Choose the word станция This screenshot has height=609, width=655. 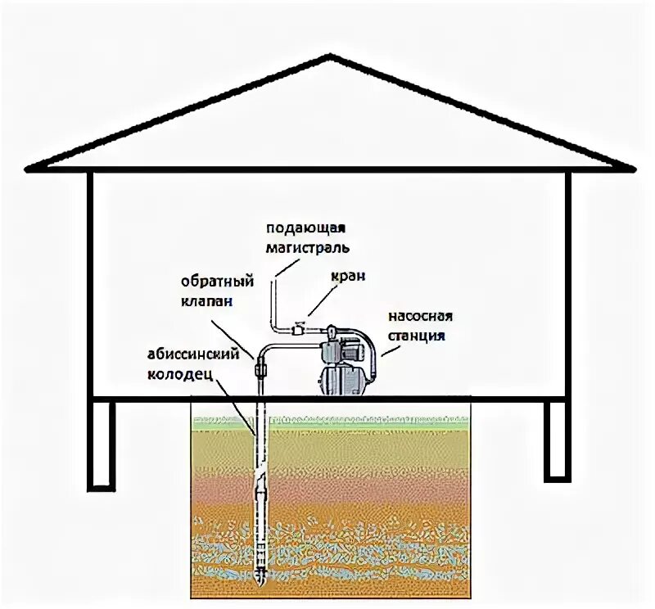coord(420,334)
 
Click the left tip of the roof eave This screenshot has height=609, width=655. coord(29,169)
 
